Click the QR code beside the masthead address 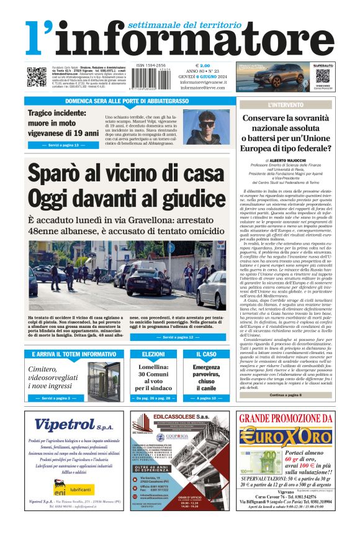(35, 76)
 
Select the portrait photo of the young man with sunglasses (206, 127)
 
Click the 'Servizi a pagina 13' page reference (63, 145)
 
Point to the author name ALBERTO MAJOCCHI (290, 160)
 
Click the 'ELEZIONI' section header (153, 354)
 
